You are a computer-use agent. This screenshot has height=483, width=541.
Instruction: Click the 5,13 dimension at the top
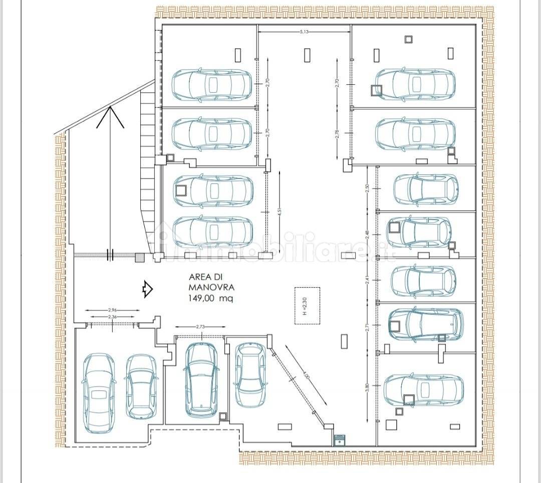[303, 32]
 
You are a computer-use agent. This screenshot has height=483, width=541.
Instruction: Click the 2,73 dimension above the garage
[200, 327]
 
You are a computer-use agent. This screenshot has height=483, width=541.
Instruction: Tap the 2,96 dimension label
[112, 311]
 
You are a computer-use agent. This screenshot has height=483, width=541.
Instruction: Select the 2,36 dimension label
[112, 317]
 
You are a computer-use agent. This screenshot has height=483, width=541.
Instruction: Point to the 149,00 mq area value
[210, 298]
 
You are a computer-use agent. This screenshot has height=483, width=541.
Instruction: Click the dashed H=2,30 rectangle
[307, 305]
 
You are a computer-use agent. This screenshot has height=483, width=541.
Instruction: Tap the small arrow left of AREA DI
[147, 289]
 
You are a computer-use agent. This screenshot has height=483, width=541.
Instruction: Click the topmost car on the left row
[212, 84]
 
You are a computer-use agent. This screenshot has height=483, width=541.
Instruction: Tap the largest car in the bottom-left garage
[98, 393]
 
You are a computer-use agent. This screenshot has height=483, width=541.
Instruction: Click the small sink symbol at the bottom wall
[340, 439]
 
